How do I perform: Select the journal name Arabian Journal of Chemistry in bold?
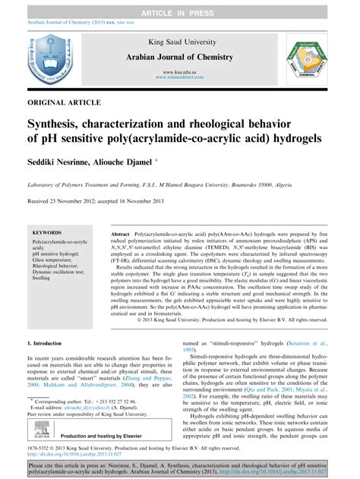(x=180, y=58)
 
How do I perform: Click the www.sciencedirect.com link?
(x=181, y=76)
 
